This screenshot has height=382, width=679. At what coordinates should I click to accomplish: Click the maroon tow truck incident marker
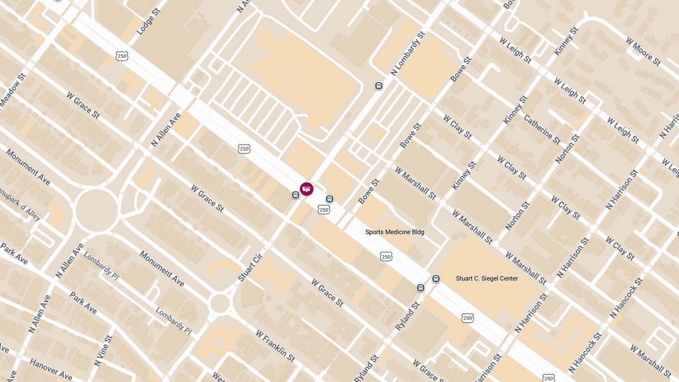click(307, 189)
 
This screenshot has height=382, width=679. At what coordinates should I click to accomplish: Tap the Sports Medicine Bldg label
click(394, 232)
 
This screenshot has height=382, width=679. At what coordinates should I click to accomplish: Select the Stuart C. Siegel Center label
click(487, 278)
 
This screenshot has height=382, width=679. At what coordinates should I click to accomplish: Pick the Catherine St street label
click(542, 130)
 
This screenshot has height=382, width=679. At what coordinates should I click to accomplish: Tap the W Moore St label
click(643, 51)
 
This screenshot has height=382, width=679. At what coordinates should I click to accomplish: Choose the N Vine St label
click(105, 350)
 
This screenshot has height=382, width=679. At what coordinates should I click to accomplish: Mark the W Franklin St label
click(275, 346)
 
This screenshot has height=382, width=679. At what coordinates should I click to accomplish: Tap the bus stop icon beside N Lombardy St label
click(379, 86)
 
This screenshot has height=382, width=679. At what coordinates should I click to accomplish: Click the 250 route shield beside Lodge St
click(122, 55)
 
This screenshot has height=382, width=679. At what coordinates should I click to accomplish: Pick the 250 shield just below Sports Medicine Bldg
click(386, 256)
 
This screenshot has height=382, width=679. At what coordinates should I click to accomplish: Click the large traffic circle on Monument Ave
click(96, 211)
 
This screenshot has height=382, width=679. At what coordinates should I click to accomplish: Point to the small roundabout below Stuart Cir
click(220, 304)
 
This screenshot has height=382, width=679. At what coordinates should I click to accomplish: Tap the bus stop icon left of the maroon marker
click(295, 195)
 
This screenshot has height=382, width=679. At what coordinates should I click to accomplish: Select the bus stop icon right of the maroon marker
click(329, 199)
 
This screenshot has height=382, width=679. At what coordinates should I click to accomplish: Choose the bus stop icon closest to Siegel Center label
click(436, 278)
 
